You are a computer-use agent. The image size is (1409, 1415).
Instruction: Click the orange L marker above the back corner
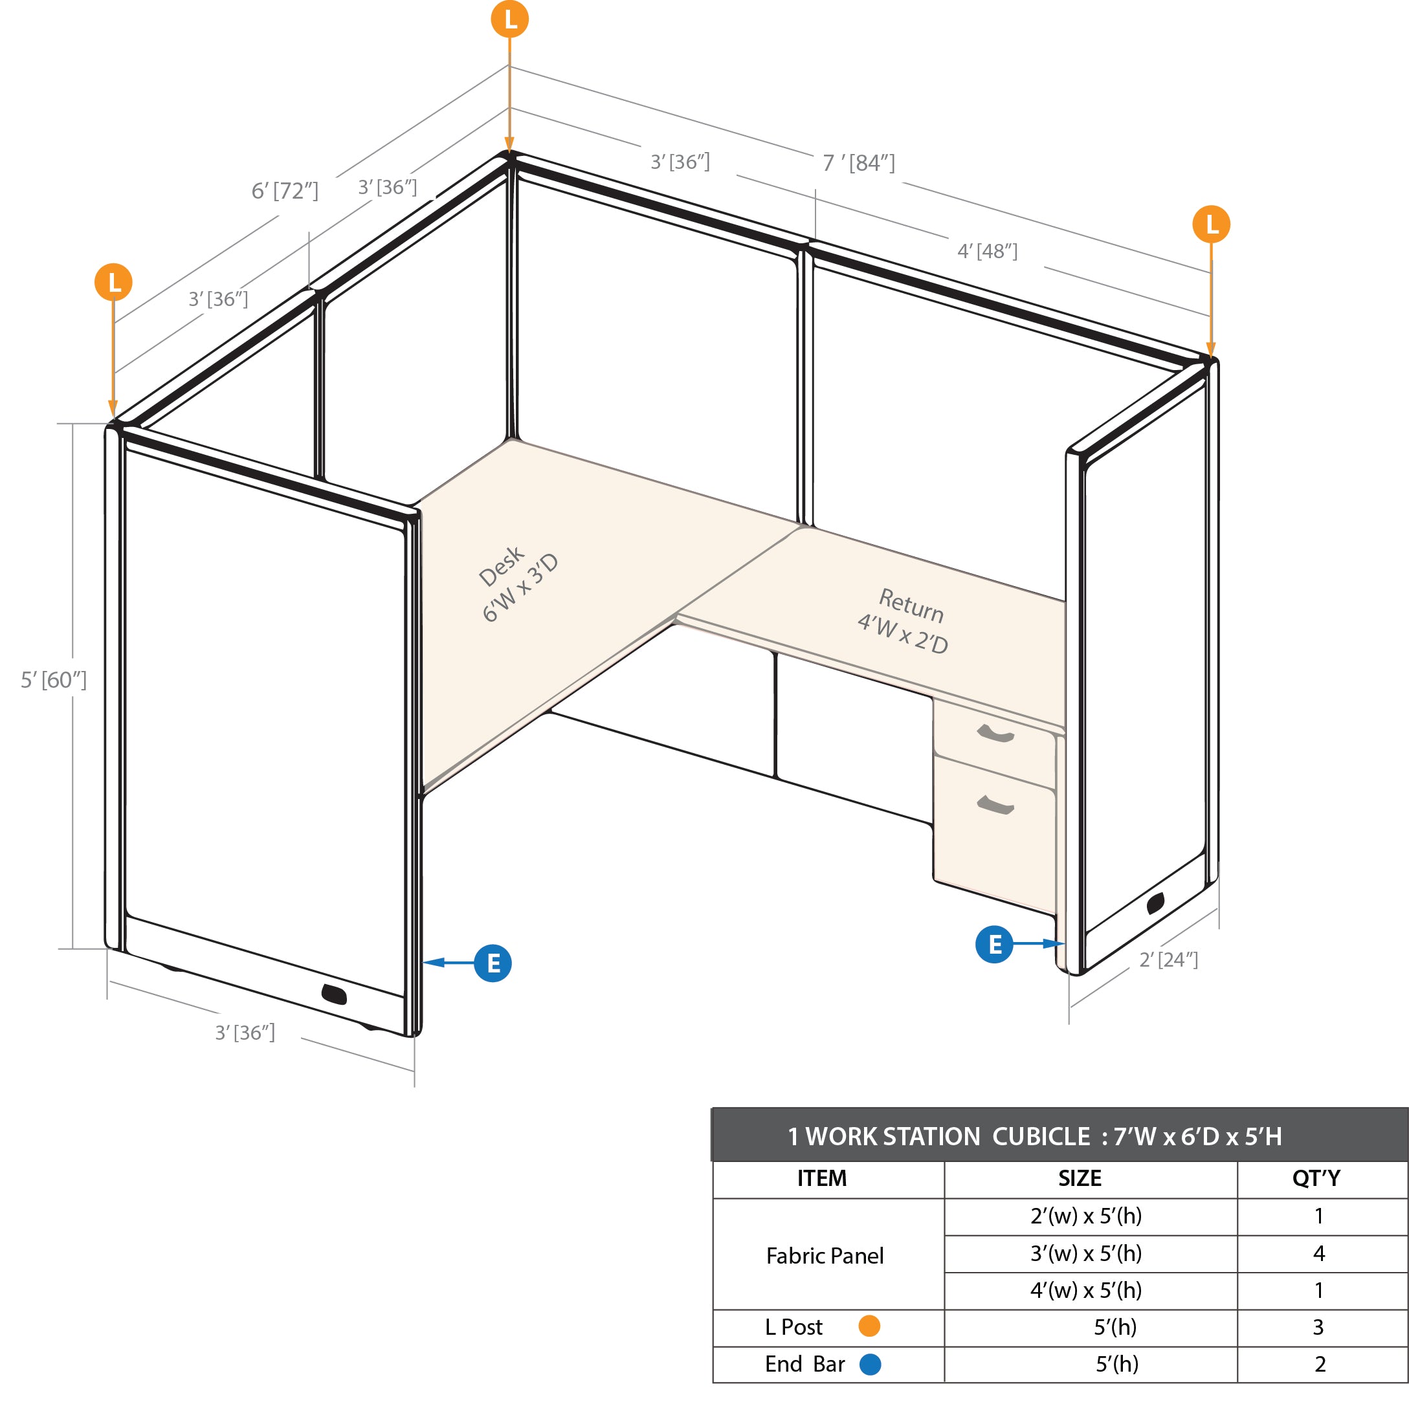click(x=509, y=19)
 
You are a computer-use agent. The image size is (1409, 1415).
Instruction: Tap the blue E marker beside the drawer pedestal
click(x=994, y=944)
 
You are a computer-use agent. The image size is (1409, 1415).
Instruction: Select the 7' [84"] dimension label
click(x=858, y=162)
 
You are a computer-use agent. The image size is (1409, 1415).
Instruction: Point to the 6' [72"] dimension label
click(x=285, y=191)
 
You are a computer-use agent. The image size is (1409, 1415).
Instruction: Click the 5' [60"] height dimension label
click(x=54, y=679)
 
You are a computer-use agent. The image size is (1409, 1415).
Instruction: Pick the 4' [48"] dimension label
click(x=987, y=251)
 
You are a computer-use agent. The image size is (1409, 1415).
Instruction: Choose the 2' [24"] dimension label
click(x=1168, y=960)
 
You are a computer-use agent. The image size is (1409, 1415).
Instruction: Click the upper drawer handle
click(x=996, y=733)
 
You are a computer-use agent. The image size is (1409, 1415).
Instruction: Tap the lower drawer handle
click(x=996, y=805)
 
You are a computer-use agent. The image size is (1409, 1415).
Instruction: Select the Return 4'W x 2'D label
click(x=904, y=620)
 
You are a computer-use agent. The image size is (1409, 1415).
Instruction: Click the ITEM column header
click(x=821, y=1178)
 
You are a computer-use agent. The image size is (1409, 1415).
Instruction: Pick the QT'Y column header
click(x=1316, y=1178)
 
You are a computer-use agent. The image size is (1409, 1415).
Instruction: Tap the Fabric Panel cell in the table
click(x=825, y=1255)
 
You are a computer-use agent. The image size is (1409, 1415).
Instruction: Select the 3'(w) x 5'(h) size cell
click(x=1086, y=1253)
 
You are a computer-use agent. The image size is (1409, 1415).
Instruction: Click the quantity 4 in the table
click(x=1319, y=1253)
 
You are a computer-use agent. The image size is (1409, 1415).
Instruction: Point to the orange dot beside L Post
click(x=869, y=1326)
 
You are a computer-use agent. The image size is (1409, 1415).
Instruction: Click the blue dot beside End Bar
click(x=870, y=1365)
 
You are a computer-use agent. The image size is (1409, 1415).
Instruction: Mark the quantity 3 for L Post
click(x=1318, y=1327)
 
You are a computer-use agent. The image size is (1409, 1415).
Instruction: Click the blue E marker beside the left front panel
click(x=493, y=963)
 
